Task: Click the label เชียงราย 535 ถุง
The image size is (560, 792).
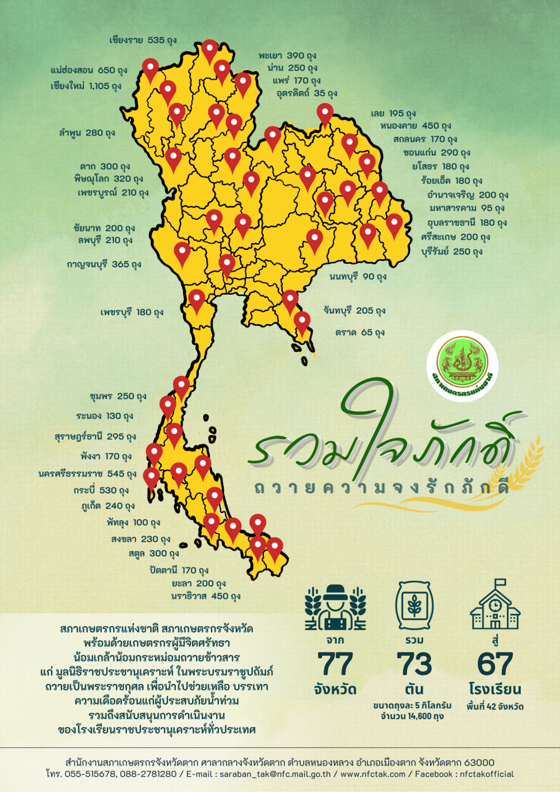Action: click(x=143, y=40)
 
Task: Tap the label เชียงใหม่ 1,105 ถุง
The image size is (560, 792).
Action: click(x=86, y=86)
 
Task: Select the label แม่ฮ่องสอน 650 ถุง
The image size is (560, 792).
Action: click(x=88, y=71)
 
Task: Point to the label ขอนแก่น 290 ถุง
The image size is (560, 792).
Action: click(x=436, y=152)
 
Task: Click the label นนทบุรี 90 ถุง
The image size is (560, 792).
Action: click(x=358, y=277)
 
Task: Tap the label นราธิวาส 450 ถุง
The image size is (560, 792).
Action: click(x=206, y=597)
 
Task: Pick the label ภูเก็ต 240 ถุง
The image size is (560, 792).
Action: click(x=108, y=506)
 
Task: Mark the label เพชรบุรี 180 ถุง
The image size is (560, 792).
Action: click(x=132, y=312)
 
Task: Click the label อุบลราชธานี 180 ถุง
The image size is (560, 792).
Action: click(x=466, y=223)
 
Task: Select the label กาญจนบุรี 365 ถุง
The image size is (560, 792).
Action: click(x=104, y=264)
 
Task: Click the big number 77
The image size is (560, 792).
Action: click(x=335, y=665)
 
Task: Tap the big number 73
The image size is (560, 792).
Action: click(x=414, y=665)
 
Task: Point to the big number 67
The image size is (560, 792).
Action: click(x=495, y=665)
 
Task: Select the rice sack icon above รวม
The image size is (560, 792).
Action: click(x=414, y=605)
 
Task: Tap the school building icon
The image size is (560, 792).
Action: click(x=495, y=605)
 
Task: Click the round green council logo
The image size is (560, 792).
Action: click(x=462, y=365)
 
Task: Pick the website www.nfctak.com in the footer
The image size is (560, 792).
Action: click(x=372, y=774)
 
